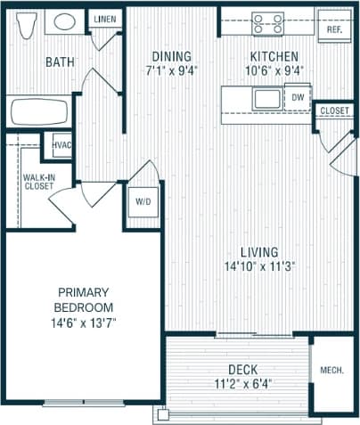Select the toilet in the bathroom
(25, 24)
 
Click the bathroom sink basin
(62, 22)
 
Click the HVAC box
(61, 145)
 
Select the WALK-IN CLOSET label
(37, 182)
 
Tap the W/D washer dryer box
(143, 202)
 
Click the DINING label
(171, 56)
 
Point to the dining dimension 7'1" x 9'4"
(171, 70)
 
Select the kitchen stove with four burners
(267, 22)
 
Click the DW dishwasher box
(297, 97)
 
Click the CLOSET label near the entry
(335, 110)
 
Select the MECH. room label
(334, 369)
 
